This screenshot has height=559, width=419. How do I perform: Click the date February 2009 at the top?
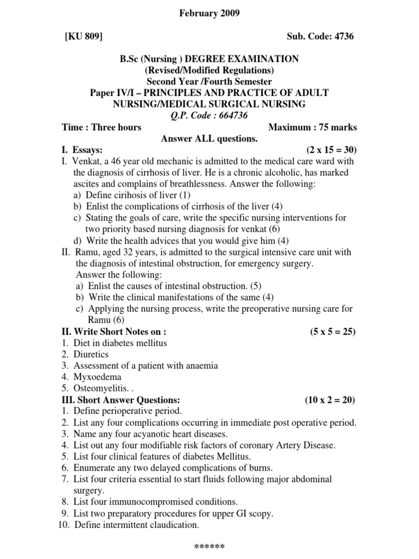click(x=209, y=13)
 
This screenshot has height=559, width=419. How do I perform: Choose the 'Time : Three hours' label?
click(x=101, y=127)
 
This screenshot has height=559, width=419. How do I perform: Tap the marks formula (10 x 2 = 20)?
click(x=330, y=400)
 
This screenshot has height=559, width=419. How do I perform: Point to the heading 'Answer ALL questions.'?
click(x=209, y=139)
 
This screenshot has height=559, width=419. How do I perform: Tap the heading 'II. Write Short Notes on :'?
click(x=114, y=331)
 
